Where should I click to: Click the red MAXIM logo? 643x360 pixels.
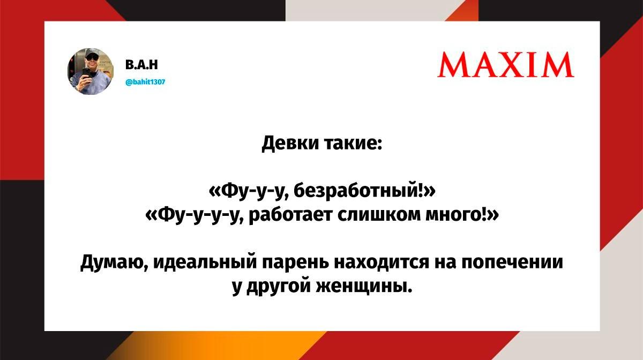click(505, 65)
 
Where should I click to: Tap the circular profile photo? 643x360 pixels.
click(91, 71)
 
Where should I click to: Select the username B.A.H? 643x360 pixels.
click(141, 65)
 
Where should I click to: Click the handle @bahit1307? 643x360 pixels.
click(146, 82)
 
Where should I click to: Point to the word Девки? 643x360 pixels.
click(290, 142)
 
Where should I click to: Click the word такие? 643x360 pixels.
click(353, 142)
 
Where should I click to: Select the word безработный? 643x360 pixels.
click(356, 191)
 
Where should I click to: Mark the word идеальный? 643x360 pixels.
click(205, 262)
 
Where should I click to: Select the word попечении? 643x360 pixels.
click(512, 262)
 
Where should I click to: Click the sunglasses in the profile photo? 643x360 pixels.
click(92, 57)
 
